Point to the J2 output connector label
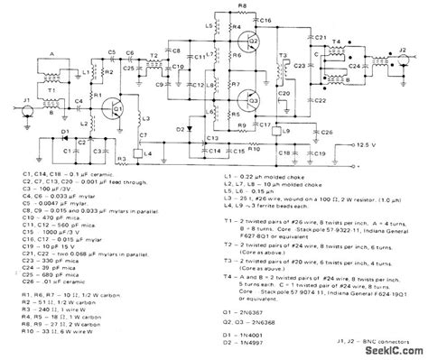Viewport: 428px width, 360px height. [400, 39]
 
